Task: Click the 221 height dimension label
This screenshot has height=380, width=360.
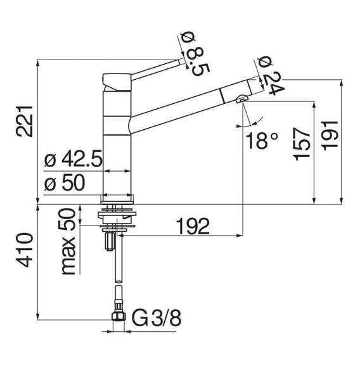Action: pos(24,122)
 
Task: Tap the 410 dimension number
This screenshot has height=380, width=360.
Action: pos(24,250)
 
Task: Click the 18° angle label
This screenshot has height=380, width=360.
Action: pos(262,141)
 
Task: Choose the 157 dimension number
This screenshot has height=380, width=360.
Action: pos(302,144)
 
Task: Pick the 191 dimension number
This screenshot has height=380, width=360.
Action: pos(330,136)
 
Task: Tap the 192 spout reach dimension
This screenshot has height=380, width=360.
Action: pos(193,226)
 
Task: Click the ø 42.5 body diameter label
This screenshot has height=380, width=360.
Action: pos(74,160)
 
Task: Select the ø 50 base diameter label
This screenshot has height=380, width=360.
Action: pos(65,182)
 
